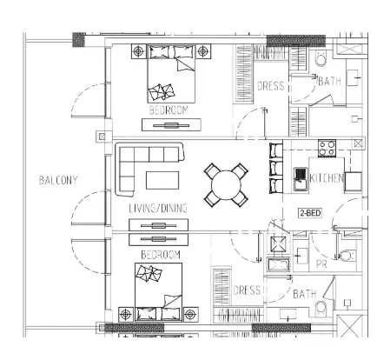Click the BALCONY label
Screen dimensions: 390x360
coord(58,180)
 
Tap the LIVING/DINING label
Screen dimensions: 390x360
coord(158,209)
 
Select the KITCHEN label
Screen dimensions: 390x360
coord(327,178)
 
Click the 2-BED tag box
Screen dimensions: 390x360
coord(310,213)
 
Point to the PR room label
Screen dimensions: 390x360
coord(321,264)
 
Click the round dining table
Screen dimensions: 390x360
coord(226,185)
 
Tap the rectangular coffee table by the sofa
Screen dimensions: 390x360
coord(162,180)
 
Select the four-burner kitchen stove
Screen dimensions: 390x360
coord(327,148)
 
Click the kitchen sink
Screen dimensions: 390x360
coord(301,178)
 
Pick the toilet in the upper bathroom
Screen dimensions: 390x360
coord(321,58)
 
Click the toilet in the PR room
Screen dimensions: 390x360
coord(346,256)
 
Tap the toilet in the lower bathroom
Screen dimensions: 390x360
coord(321,309)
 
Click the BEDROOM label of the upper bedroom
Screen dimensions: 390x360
coord(169,110)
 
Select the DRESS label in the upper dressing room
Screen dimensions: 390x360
coord(271,86)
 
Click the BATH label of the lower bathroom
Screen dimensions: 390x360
coord(305,294)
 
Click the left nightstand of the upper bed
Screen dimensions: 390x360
coord(139,51)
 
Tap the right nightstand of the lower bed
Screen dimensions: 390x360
coord(190,314)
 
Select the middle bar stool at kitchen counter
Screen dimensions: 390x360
coord(276,168)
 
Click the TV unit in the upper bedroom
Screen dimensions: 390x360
coord(171,125)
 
